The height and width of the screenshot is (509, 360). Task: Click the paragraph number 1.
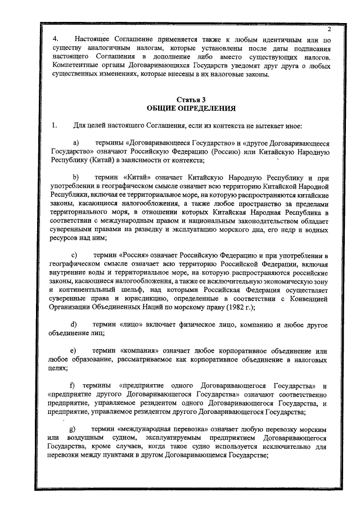click(x=54, y=124)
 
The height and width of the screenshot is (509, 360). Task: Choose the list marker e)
click(x=74, y=350)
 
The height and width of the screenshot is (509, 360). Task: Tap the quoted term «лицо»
click(x=133, y=325)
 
